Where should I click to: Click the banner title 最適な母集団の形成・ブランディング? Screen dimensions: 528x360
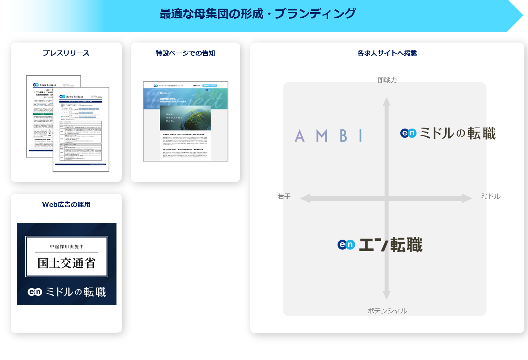[x=258, y=14]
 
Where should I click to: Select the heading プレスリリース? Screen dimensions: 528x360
[x=66, y=53]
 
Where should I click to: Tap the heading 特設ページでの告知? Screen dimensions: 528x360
[x=185, y=53]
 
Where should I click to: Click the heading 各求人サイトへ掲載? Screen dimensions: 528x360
[x=387, y=53]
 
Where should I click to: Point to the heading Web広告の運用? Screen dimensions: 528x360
[x=66, y=205]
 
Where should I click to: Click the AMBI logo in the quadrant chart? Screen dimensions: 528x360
[x=329, y=136]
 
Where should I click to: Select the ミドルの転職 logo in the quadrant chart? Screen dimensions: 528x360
[x=448, y=133]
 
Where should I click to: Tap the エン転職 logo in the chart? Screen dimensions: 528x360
[x=380, y=245]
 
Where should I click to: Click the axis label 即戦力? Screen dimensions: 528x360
[x=387, y=80]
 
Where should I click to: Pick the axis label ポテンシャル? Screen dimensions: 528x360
[x=387, y=311]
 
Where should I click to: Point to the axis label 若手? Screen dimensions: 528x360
[x=284, y=196]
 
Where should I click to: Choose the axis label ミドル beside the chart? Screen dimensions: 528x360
[x=491, y=196]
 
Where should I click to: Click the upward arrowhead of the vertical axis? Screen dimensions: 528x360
[x=387, y=101]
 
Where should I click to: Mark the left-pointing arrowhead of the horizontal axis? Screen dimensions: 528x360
[x=305, y=198]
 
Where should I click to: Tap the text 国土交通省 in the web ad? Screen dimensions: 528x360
[x=67, y=263]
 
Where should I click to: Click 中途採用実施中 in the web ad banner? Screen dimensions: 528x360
[x=67, y=247]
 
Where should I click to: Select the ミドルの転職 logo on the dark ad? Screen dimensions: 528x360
[x=67, y=292]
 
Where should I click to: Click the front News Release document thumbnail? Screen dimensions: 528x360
[x=81, y=130]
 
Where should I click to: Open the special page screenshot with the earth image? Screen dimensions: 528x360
[x=185, y=121]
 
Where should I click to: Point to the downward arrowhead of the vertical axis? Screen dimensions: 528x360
[x=387, y=295]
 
